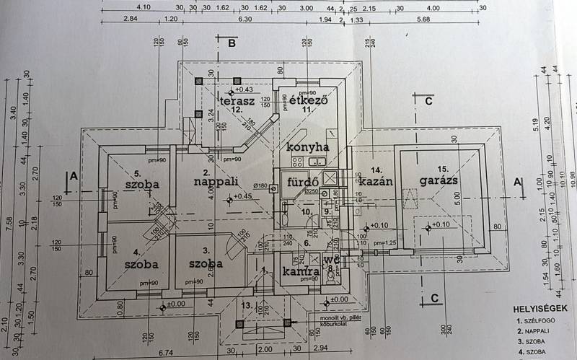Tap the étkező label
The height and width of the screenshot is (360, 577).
309,102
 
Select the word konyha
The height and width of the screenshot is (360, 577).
308,146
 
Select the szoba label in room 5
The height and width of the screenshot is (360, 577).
141,185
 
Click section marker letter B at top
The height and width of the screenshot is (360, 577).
232,43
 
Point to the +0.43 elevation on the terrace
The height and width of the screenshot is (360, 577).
245,89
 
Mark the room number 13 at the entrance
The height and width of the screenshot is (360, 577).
247,307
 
